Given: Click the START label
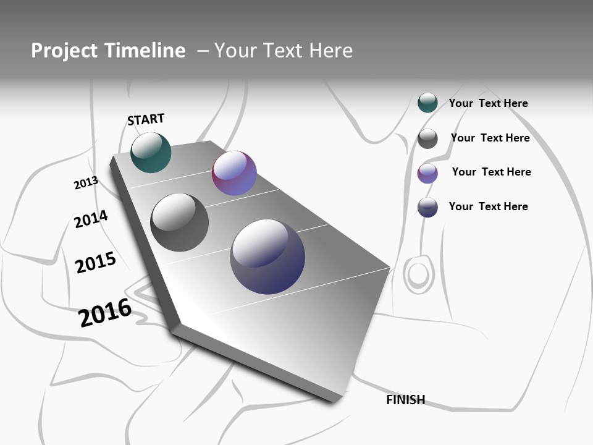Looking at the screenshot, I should [x=146, y=119].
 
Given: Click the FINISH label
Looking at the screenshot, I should [x=405, y=400].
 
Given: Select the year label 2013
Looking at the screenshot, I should [x=86, y=183].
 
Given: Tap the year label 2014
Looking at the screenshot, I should [x=91, y=219].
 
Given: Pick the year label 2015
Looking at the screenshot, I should [x=96, y=263].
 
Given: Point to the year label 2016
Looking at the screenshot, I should [x=105, y=312].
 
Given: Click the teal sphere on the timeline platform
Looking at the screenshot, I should [x=151, y=152].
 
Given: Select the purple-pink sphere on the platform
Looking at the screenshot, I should [x=234, y=173].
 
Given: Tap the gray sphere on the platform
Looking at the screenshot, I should [x=179, y=222].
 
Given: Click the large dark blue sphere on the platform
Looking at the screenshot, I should [x=267, y=256].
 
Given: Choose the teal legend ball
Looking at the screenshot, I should [x=427, y=103].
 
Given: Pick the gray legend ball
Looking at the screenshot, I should [x=427, y=138].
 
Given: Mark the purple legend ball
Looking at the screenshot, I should [x=427, y=173].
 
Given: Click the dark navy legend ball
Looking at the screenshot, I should [x=427, y=207].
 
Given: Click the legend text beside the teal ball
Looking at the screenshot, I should [x=488, y=103].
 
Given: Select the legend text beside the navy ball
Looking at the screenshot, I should [x=488, y=206].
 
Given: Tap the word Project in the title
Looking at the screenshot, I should [x=64, y=51].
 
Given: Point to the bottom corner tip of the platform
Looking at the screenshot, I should [x=334, y=401].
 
